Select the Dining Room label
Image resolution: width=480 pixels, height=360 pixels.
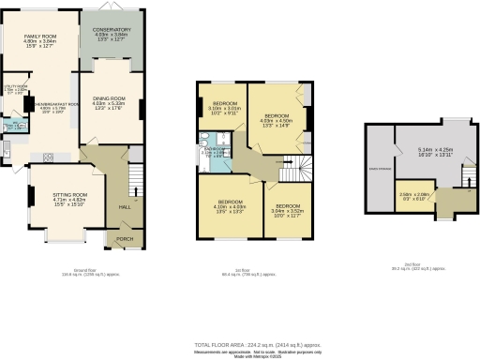111,104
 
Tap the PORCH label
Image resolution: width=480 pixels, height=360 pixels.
124,238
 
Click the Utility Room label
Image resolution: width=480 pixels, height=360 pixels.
13,89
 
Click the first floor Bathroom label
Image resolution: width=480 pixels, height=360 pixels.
218,150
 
